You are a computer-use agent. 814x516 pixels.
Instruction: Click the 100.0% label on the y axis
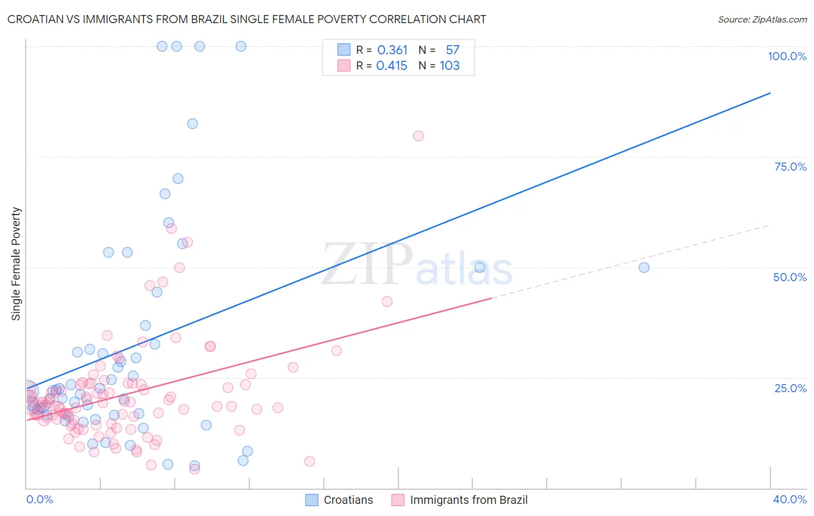tap(787, 56)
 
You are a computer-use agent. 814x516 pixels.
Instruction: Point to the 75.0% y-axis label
tap(790, 167)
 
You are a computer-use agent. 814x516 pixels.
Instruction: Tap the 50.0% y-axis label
tap(790, 277)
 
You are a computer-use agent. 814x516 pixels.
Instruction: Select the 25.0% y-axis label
tap(790, 388)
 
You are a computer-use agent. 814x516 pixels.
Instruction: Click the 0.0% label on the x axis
tap(39, 499)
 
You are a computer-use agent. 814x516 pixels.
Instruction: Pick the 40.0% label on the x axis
tap(789, 499)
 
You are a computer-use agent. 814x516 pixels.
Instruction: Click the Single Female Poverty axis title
tap(16, 264)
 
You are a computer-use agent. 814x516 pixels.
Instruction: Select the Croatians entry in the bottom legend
tap(348, 500)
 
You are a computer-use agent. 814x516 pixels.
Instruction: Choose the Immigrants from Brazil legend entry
tap(468, 500)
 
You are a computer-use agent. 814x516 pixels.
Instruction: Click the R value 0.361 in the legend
tap(392, 50)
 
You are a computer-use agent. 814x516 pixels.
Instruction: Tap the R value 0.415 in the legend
tap(391, 66)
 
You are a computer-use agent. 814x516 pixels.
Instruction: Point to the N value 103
tap(449, 66)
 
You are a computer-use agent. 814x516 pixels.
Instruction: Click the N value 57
tap(452, 50)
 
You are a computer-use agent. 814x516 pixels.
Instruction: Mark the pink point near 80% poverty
tap(418, 136)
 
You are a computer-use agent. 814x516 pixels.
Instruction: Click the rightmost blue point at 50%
tap(644, 267)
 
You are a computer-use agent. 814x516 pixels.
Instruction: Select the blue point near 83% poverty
tap(192, 124)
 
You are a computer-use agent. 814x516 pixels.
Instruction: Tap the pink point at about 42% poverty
tap(387, 301)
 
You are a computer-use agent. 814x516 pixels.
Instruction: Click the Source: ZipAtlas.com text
tap(762, 20)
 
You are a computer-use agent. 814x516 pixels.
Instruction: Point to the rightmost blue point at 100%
tap(241, 46)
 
